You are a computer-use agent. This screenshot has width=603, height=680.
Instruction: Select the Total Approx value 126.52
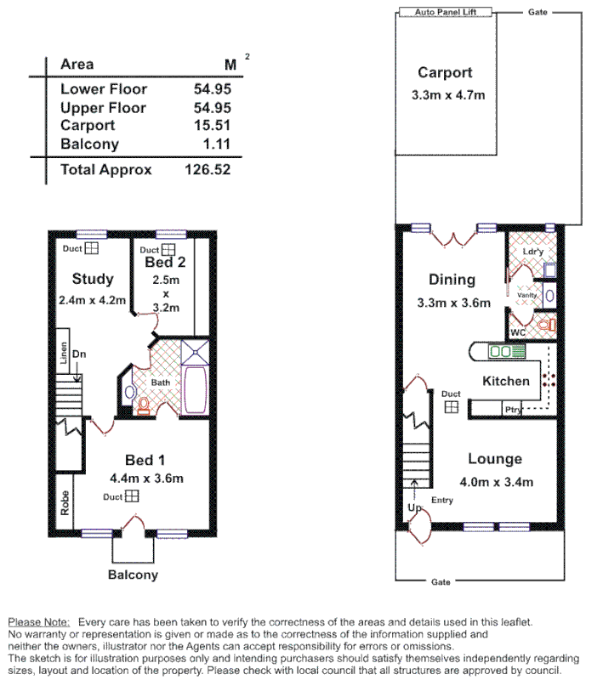(x=208, y=169)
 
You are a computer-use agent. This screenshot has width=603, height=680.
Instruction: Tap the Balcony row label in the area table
(x=89, y=144)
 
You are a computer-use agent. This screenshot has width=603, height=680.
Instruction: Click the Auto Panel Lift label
(x=447, y=13)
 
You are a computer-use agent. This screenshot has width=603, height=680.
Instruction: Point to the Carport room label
(x=444, y=73)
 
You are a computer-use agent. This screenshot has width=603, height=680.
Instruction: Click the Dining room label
(x=452, y=280)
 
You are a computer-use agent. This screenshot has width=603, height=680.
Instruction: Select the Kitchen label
(x=506, y=381)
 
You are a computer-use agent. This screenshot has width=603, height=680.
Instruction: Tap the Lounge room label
(x=494, y=459)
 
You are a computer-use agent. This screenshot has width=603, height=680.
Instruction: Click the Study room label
(x=93, y=279)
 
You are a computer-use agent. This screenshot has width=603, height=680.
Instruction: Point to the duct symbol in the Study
(x=90, y=248)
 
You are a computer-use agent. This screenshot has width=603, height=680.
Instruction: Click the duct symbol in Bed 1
(x=132, y=497)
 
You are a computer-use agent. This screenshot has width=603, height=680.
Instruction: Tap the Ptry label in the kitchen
(x=512, y=411)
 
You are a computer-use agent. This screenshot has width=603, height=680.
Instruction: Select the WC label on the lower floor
(x=518, y=331)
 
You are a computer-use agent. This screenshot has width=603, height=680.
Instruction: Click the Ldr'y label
(x=532, y=252)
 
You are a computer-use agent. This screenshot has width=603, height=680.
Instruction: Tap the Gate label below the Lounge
(x=441, y=582)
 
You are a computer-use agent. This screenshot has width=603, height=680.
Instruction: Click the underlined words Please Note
(x=39, y=622)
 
